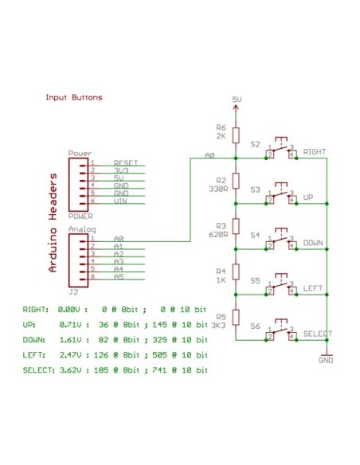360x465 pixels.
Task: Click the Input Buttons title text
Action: (74, 98)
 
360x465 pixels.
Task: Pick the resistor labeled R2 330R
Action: (236, 182)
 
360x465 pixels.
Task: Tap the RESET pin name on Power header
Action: (126, 162)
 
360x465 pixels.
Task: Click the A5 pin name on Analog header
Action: (119, 276)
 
